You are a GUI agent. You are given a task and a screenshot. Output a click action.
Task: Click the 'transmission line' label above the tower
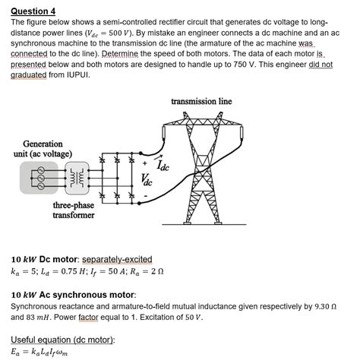201,100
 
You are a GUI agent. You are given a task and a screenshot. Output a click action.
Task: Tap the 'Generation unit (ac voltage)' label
43,148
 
